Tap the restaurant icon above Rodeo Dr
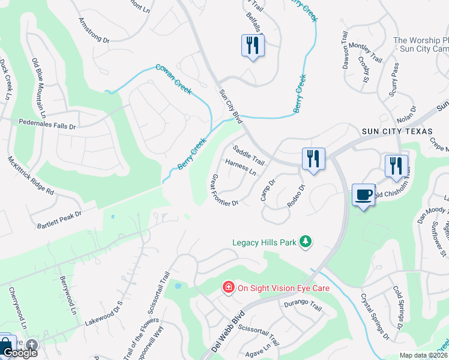[313, 158]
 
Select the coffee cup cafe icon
[363, 194]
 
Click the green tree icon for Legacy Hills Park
[306, 242]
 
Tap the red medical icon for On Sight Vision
[228, 288]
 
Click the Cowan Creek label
[173, 79]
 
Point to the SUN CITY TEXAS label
[397, 131]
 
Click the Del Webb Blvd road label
[229, 332]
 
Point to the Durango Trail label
[303, 307]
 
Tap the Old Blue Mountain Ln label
[39, 88]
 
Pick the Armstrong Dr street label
[94, 31]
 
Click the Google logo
[19, 353]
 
